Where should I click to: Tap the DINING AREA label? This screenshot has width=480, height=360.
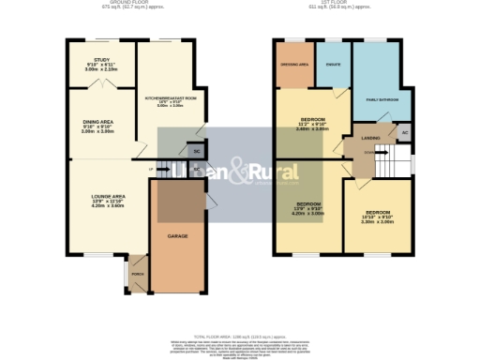pyautogui.click(x=97, y=121)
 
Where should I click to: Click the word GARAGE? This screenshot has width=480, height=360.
pyautogui.click(x=178, y=237)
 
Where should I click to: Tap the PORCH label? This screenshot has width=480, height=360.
pyautogui.click(x=139, y=276)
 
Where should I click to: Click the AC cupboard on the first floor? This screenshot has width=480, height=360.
pyautogui.click(x=404, y=133)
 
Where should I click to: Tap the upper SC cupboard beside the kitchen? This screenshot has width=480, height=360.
pyautogui.click(x=196, y=150)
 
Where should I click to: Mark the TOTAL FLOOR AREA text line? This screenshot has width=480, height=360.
pyautogui.click(x=240, y=336)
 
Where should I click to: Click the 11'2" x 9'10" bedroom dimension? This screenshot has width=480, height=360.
pyautogui.click(x=312, y=126)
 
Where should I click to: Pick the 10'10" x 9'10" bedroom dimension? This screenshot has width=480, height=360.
pyautogui.click(x=378, y=217)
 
